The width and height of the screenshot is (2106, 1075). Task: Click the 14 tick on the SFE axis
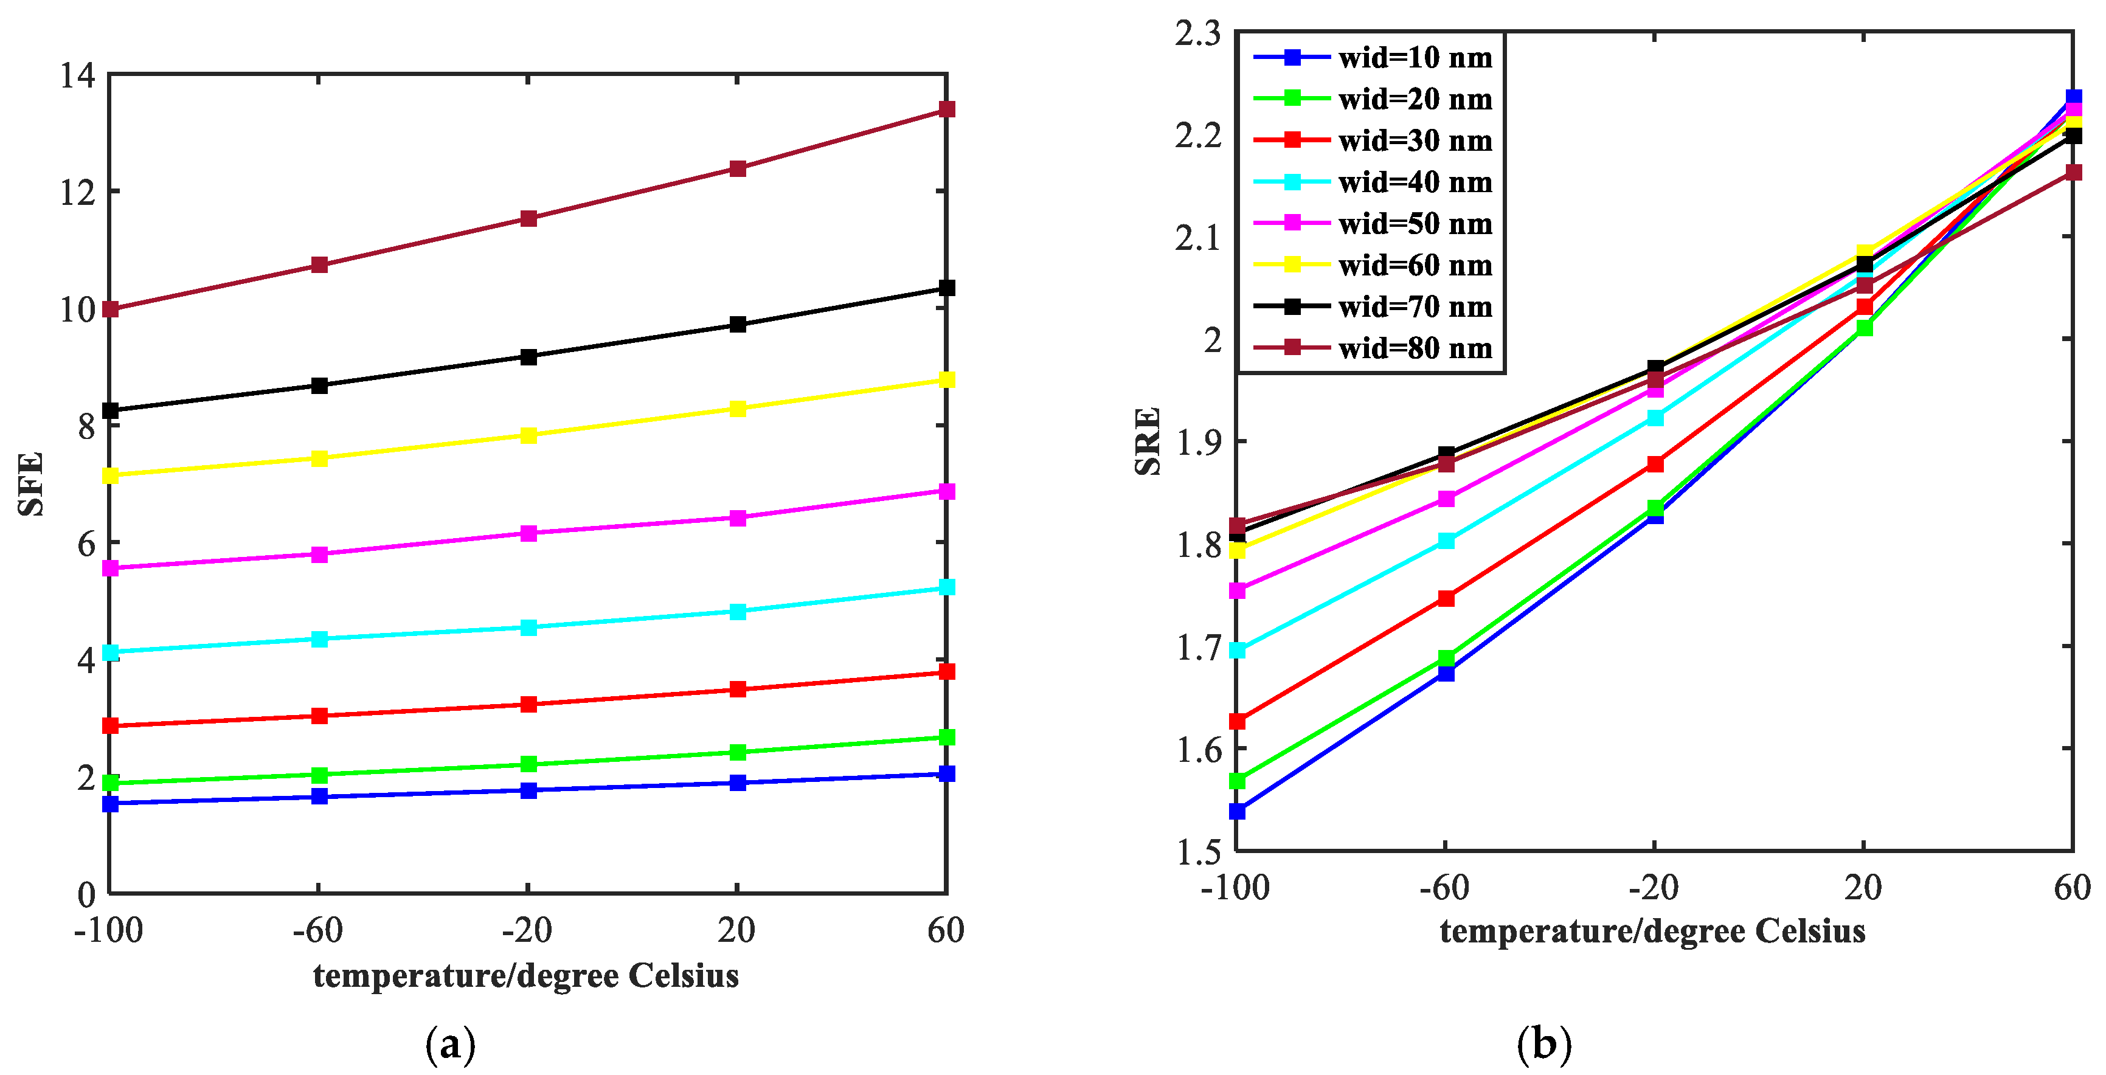(78, 75)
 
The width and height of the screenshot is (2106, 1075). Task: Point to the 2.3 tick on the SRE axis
(1197, 33)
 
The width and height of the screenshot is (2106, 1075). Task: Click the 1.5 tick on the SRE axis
(1197, 851)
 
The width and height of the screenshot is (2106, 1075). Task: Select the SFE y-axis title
(30, 484)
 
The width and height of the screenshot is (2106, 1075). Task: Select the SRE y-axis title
(1148, 441)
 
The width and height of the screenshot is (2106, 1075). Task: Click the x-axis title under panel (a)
(525, 975)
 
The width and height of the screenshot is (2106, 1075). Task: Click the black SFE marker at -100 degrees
(110, 410)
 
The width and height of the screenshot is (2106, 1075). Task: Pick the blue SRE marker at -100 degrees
(1237, 811)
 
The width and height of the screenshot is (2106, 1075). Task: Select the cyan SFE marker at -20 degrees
(528, 627)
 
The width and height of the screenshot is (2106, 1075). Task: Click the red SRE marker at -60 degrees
(1446, 598)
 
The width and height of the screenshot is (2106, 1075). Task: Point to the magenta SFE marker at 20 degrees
(738, 517)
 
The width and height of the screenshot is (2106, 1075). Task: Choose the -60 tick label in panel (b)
(1444, 888)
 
